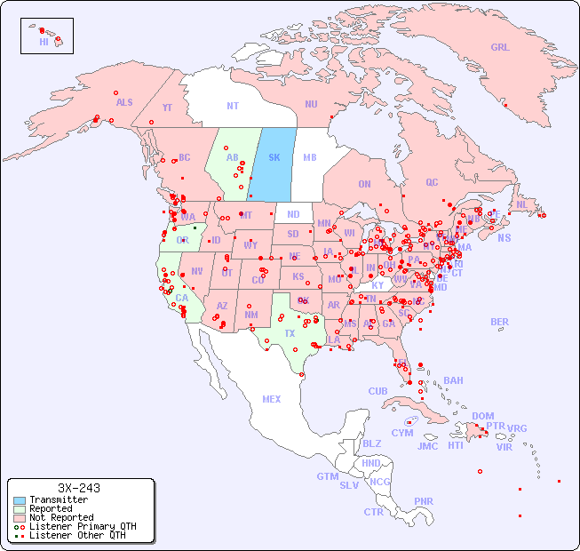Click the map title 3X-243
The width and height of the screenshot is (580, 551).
pos(78,488)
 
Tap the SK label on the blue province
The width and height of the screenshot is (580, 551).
pos(274,158)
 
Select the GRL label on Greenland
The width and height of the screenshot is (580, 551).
pos(500,47)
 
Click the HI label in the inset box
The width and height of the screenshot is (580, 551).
pos(44,42)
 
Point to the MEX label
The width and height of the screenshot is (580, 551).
pos(271,399)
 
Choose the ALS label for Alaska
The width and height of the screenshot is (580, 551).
pos(124,102)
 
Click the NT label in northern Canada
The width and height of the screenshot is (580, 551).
pos(232,105)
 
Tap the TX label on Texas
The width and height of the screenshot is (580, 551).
pos(290,333)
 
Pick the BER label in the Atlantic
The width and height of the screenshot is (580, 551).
pos(499,322)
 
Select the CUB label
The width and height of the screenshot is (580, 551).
pos(377,391)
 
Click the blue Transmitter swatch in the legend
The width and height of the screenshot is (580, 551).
pos(19,500)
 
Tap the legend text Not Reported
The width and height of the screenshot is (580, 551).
pos(61,517)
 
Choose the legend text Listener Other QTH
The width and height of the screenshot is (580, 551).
pos(76,535)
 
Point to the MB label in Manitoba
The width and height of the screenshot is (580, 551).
pos(309,158)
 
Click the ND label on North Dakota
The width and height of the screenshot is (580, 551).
pos(293,214)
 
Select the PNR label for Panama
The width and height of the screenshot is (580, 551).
pos(424,501)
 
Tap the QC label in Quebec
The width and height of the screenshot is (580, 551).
pos(432,182)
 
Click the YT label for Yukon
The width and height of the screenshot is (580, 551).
pos(167,108)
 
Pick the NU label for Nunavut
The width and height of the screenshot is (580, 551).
pos(311,104)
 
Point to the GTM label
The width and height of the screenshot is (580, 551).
pos(327,476)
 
